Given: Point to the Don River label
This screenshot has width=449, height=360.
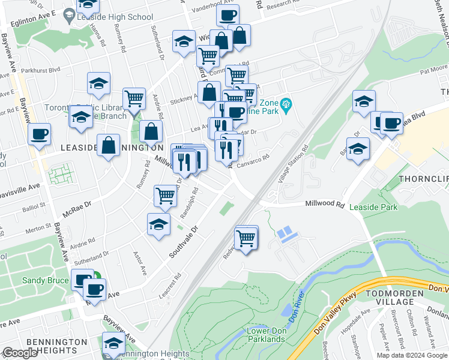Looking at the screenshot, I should point(295,307).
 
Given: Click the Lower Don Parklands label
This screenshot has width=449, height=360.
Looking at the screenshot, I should point(266,335).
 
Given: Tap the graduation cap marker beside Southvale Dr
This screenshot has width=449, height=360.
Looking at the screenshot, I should point(158,224).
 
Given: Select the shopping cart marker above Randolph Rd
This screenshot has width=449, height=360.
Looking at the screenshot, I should point(166,194).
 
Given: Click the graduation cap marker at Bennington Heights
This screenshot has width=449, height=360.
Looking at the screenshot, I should point(113,343).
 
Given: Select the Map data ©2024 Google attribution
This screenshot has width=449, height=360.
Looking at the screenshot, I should point(411,355).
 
